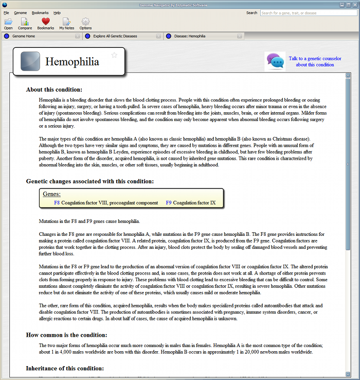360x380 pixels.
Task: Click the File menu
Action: [x=6, y=12]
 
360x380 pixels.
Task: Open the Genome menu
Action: [x=21, y=12]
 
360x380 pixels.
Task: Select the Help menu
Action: [x=57, y=12]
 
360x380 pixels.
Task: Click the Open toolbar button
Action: [x=8, y=23]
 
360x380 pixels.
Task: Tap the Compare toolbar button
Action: [x=25, y=23]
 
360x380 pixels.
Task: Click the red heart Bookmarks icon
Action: [x=45, y=22]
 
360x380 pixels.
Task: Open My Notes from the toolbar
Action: [x=66, y=23]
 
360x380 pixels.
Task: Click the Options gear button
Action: [x=85, y=23]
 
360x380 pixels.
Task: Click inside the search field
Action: [x=309, y=13]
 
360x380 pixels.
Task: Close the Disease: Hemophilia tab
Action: [x=239, y=37]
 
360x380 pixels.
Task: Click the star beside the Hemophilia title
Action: [x=114, y=55]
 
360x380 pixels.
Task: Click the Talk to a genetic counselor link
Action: [x=315, y=62]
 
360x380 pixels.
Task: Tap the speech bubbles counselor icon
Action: [x=275, y=61]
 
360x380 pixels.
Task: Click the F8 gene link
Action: [x=57, y=203]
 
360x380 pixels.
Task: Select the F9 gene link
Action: [x=169, y=203]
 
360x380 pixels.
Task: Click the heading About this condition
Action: [x=54, y=90]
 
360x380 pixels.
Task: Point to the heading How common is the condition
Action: [x=67, y=335]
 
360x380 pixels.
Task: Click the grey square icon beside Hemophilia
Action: [x=30, y=61]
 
